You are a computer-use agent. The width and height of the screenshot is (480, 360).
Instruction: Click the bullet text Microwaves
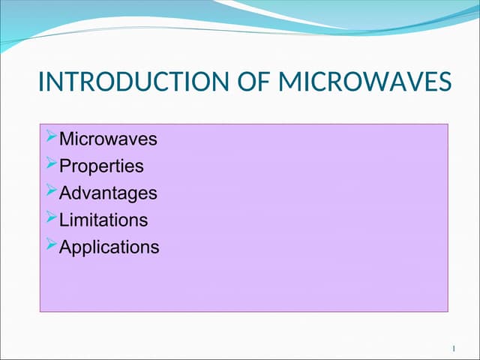point(108,139)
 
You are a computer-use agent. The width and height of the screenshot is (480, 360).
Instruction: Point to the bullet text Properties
point(101,166)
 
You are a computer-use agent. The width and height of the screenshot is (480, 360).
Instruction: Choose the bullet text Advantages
point(108,193)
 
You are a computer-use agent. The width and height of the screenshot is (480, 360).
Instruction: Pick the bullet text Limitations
point(103,220)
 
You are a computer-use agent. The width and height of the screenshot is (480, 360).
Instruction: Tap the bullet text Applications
point(109,247)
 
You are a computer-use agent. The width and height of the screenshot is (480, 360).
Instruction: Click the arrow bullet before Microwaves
point(51,136)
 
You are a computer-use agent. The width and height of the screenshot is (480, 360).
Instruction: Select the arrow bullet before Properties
point(51,163)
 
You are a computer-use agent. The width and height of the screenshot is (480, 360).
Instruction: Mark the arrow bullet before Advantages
point(51,190)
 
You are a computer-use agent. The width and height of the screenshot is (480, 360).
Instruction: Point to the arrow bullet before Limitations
point(51,217)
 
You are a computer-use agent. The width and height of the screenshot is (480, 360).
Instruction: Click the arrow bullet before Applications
point(51,244)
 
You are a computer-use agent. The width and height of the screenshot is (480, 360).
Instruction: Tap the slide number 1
point(454,349)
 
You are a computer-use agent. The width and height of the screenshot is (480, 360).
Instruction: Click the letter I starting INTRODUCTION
point(41,82)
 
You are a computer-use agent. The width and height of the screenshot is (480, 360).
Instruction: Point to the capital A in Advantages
point(65,193)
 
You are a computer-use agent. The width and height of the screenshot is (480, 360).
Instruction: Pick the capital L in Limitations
point(64,220)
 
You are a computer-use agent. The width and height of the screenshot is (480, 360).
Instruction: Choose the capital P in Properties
point(65,166)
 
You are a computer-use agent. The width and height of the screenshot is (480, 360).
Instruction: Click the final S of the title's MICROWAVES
point(445,82)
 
